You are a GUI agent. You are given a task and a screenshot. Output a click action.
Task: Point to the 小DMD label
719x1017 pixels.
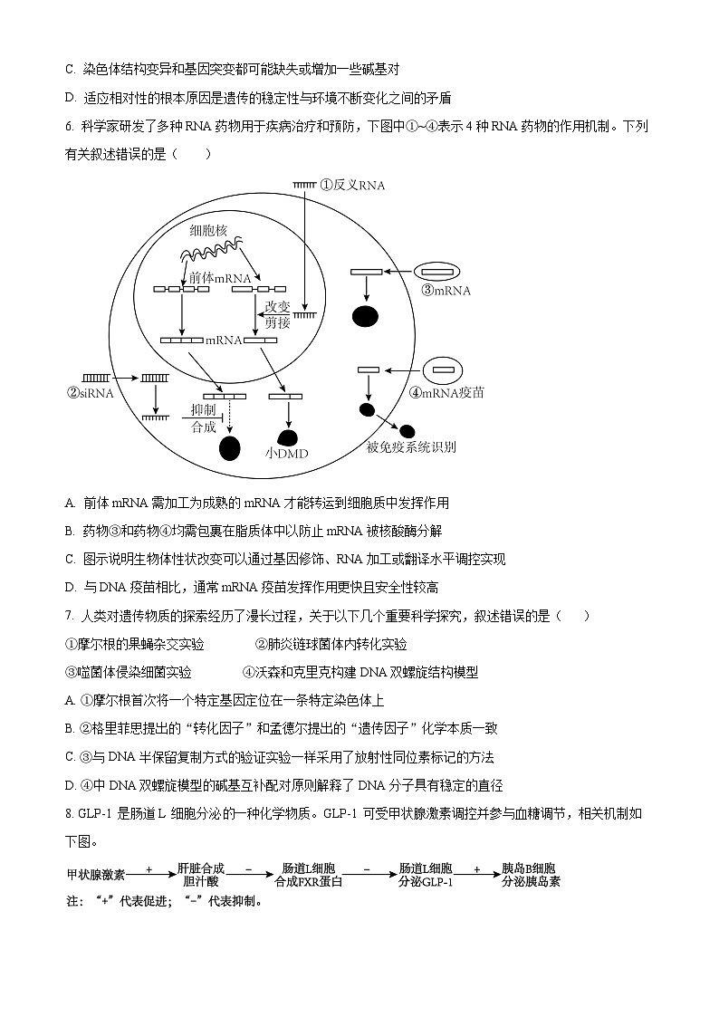[x=287, y=452]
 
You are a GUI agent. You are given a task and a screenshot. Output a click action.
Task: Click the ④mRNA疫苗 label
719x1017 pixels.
[x=447, y=393]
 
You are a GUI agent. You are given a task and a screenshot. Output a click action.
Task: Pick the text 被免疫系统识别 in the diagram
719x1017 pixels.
[x=411, y=446]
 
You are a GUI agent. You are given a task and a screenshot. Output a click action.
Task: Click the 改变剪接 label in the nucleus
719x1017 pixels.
[x=278, y=314]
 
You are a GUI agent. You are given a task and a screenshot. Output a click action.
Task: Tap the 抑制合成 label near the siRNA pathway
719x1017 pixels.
[x=203, y=418]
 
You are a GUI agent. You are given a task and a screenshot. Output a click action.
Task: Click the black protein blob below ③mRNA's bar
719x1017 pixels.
[x=365, y=316]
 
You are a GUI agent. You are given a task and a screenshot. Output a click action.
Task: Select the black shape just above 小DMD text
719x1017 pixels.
[x=287, y=435]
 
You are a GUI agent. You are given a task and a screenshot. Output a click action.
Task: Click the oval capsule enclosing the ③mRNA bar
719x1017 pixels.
[x=438, y=272]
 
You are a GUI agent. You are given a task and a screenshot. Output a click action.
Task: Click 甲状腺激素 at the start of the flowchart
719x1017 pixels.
[x=96, y=875]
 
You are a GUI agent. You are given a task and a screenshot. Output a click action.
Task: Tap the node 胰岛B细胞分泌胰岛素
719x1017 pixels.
[x=531, y=875]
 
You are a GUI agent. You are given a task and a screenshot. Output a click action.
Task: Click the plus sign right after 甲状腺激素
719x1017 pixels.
[x=149, y=869]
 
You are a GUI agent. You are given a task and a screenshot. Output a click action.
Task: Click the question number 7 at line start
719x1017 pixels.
[x=69, y=616]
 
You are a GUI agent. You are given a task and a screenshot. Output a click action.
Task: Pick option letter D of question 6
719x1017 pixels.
[x=70, y=587]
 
